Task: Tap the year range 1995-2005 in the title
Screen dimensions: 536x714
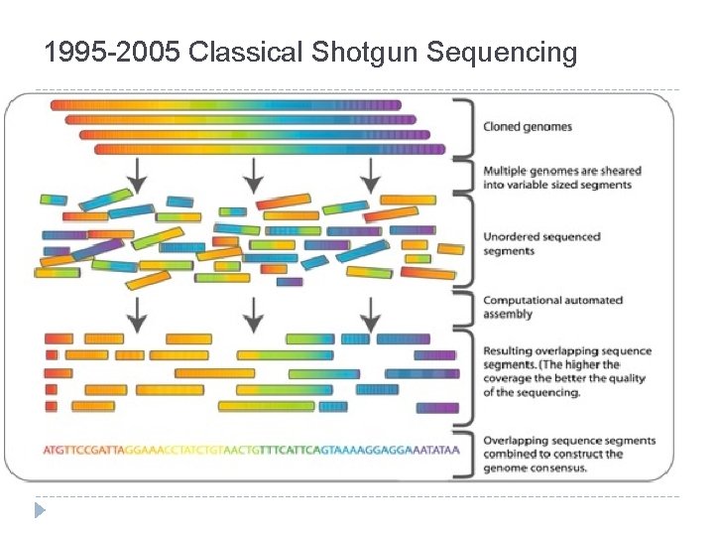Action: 111,51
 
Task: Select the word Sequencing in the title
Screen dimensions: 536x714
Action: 504,51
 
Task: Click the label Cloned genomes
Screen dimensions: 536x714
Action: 527,127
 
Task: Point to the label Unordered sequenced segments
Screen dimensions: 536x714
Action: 540,243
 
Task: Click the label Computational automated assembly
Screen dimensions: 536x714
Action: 552,307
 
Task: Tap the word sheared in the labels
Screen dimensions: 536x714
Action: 616,171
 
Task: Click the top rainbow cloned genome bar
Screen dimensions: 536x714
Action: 225,104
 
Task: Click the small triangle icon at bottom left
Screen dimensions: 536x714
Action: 40,510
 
